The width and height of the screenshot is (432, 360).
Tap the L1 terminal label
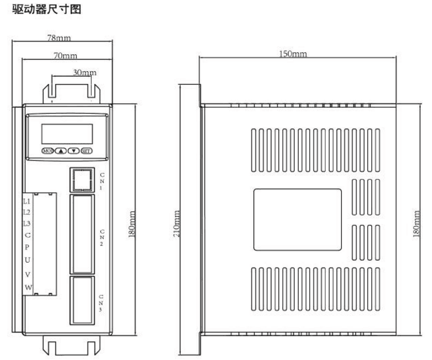click(26, 200)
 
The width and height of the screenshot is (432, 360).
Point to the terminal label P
click(27, 247)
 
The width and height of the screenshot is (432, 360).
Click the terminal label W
click(27, 288)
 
